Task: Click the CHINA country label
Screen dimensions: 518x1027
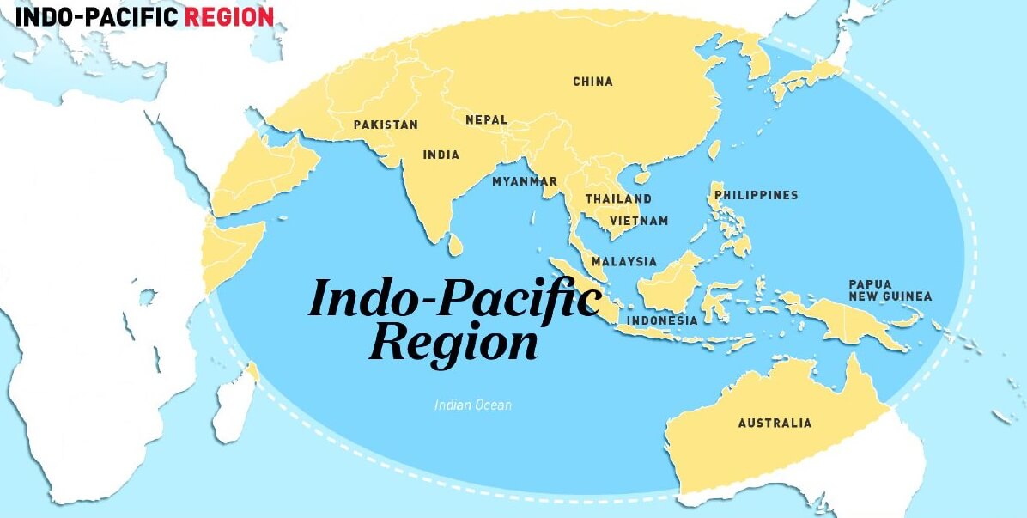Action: pyautogui.click(x=592, y=82)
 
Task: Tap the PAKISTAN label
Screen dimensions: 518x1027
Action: pyautogui.click(x=386, y=125)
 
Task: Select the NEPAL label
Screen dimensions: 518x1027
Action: pyautogui.click(x=486, y=120)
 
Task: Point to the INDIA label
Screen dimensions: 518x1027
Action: pyautogui.click(x=441, y=155)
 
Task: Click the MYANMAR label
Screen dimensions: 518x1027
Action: pyautogui.click(x=524, y=181)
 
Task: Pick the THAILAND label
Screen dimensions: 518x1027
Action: pyautogui.click(x=618, y=199)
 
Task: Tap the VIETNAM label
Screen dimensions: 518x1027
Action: pyautogui.click(x=639, y=221)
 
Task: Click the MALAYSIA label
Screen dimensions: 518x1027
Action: pyautogui.click(x=623, y=261)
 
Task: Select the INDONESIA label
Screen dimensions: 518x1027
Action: pyautogui.click(x=661, y=320)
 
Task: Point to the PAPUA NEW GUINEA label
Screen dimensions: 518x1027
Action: pyautogui.click(x=890, y=290)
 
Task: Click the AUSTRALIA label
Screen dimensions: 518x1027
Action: pyautogui.click(x=775, y=423)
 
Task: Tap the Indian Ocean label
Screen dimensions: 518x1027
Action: pyautogui.click(x=472, y=404)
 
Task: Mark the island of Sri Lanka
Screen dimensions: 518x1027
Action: pyautogui.click(x=457, y=244)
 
